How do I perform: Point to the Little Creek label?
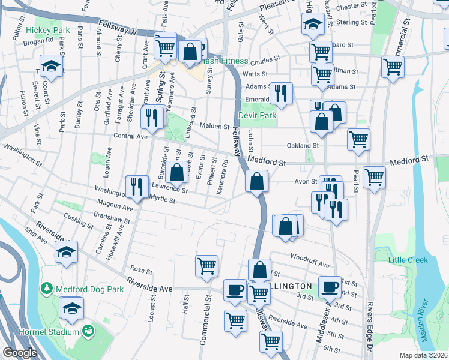point(408,260)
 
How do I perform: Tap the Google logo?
point(20,353)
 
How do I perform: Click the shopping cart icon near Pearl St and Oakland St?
point(358,139)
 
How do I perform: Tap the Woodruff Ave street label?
point(310,265)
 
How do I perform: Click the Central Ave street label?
point(130,136)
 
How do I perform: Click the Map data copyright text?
point(423,355)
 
